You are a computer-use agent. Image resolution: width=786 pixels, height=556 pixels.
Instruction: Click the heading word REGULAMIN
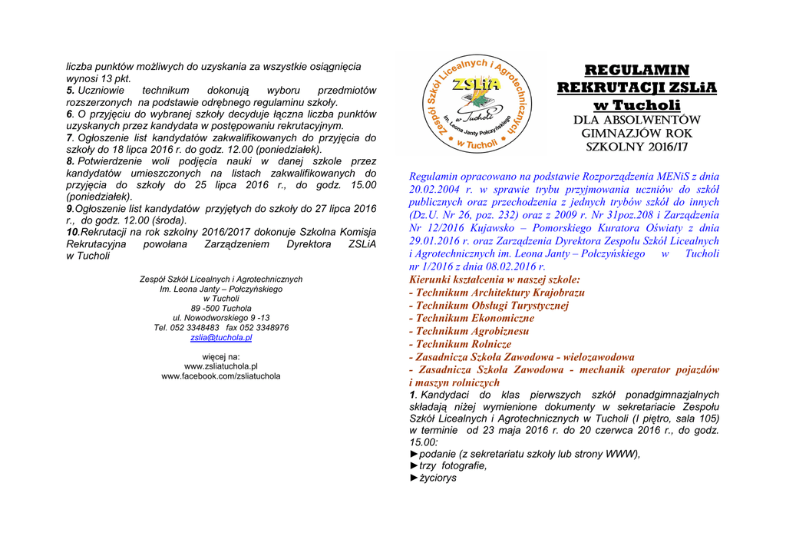[x=637, y=71]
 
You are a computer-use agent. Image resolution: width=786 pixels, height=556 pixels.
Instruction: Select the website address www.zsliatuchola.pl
[x=221, y=366]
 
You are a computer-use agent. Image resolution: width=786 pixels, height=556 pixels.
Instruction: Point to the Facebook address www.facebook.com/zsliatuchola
[x=221, y=376]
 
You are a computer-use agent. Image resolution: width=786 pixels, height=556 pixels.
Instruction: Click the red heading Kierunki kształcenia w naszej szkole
[x=495, y=280]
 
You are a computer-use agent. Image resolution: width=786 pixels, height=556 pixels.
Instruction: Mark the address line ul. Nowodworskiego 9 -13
[x=221, y=317]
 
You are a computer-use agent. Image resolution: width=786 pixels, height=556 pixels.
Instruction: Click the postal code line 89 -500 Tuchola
[x=221, y=308]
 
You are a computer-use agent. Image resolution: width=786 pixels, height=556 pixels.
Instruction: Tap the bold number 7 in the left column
[x=69, y=138]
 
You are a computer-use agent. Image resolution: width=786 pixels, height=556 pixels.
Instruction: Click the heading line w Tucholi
[x=637, y=104]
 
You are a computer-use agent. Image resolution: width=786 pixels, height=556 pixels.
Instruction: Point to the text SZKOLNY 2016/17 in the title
[x=637, y=146]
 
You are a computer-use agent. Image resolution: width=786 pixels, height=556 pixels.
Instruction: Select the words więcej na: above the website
[x=221, y=357]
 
